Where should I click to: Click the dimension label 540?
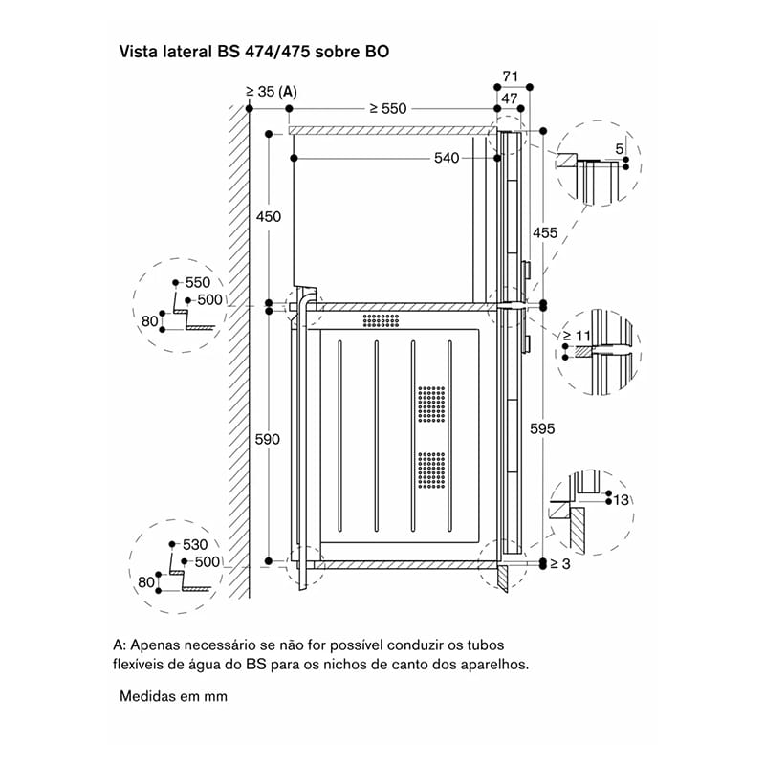click(x=447, y=158)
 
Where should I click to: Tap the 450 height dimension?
click(x=269, y=216)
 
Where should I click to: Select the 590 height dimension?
click(x=268, y=439)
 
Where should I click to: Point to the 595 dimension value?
click(x=542, y=428)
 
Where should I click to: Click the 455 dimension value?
click(x=545, y=232)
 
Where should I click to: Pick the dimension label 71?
click(x=510, y=76)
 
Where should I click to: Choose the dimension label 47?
click(x=509, y=98)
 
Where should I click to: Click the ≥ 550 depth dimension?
click(x=388, y=108)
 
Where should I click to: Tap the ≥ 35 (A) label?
click(x=272, y=91)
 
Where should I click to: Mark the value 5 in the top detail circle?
click(x=619, y=149)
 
